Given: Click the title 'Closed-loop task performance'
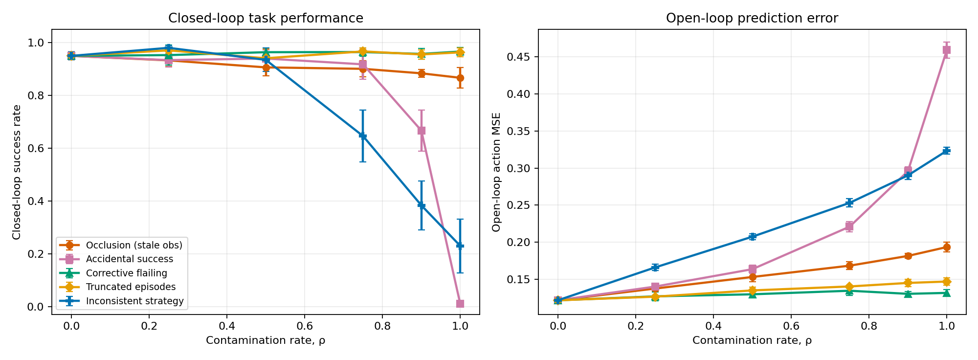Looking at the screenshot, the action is pos(266,19).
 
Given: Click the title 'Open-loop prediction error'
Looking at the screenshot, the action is pos(752,19).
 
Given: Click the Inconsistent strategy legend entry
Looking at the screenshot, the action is pos(121,301).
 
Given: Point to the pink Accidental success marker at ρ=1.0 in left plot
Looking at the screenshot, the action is pos(460,304).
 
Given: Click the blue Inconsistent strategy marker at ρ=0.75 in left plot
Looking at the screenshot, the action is pos(363,135).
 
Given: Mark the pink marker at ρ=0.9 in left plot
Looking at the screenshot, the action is pos(421,131).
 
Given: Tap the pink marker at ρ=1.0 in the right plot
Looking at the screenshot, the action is pos(947,50).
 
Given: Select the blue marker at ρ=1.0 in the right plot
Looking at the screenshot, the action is pos(947,151).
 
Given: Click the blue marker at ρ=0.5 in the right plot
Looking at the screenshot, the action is pos(752,237).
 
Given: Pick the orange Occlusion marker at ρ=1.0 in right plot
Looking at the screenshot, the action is pos(947,247).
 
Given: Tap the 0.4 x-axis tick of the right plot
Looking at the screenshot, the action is pos(713,326).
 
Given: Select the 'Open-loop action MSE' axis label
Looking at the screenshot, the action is pos(497,172).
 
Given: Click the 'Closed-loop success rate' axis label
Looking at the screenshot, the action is pos(17,172).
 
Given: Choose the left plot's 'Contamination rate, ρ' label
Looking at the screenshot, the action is pos(266,340).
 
